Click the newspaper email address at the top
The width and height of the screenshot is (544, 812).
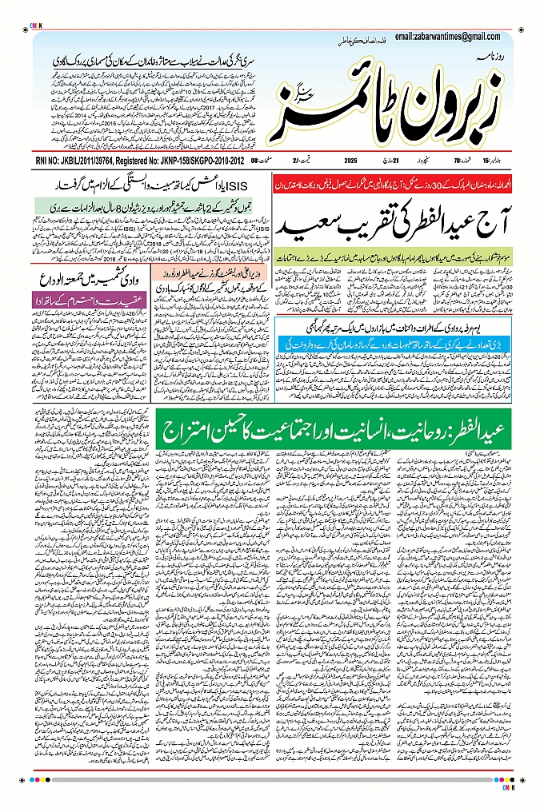pyautogui.click(x=447, y=37)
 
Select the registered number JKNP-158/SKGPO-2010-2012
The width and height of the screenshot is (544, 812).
pyautogui.click(x=198, y=160)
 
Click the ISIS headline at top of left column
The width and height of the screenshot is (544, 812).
pyautogui.click(x=152, y=185)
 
